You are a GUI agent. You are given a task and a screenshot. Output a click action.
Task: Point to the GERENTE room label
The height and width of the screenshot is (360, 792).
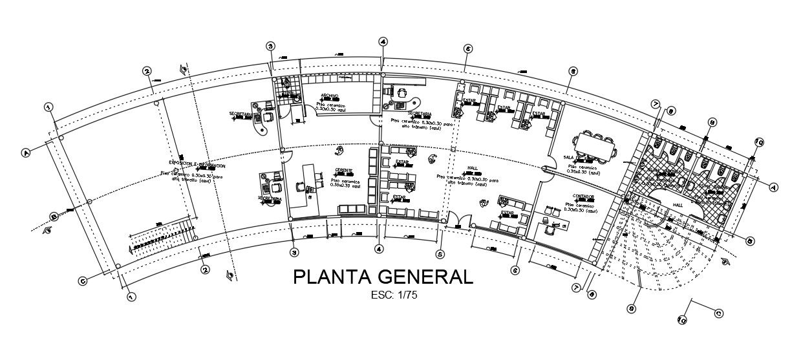pos(343,171)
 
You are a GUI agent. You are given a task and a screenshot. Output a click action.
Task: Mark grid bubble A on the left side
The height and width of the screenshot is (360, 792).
pos(27,153)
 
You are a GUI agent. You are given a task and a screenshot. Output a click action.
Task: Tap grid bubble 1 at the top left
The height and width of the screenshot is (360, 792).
pos(47,107)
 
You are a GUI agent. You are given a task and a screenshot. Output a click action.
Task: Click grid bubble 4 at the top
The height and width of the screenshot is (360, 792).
pos(383,41)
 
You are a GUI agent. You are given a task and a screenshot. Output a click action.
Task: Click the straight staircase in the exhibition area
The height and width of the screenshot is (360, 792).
pos(162,237)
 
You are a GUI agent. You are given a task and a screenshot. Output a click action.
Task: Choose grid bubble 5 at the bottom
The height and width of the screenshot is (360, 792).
pos(440,254)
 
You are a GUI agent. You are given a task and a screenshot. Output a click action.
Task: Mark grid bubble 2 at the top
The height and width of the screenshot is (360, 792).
pos(147,71)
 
